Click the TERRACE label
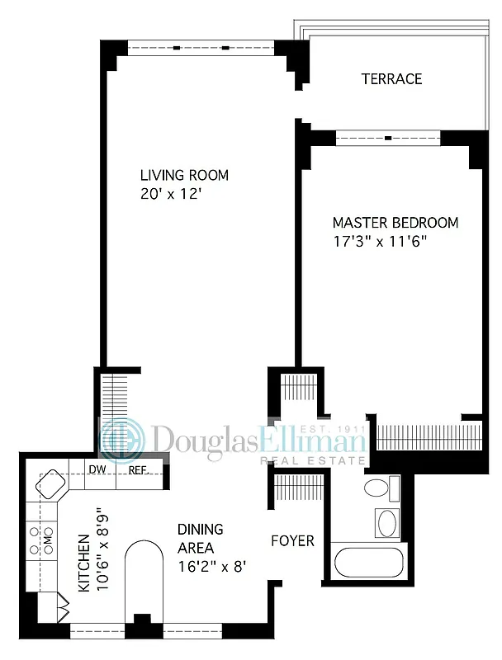391,79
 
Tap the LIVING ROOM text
184,176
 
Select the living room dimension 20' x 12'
172,195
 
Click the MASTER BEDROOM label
395,223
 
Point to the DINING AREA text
201,538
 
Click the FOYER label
293,541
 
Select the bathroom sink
386,522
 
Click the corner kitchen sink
49,482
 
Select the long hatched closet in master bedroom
429,433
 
